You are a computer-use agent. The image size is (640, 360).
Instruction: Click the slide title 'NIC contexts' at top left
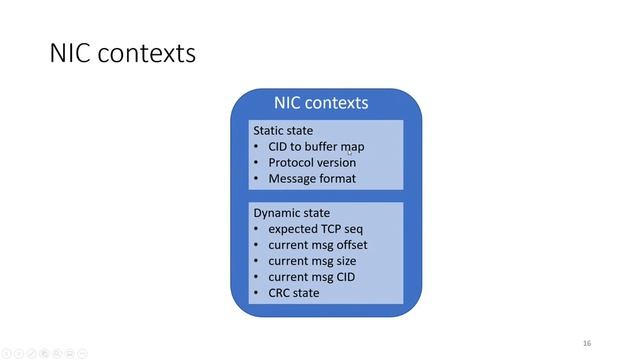point(122,53)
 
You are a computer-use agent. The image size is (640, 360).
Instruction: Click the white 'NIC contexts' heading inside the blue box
point(321,103)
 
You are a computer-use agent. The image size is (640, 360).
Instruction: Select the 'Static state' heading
point(283,130)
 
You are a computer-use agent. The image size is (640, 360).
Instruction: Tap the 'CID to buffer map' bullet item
point(316,146)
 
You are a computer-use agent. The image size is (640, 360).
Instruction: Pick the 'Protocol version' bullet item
point(311,162)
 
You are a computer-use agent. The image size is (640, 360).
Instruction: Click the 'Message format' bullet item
point(311,179)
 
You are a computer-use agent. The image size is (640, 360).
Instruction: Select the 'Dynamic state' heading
point(291,213)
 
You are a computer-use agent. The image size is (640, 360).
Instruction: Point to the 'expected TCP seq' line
point(314,229)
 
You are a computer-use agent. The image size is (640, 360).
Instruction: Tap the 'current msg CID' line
point(312,276)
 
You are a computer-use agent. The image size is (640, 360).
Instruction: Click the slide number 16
point(587,341)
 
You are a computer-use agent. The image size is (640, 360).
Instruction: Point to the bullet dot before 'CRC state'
point(256,292)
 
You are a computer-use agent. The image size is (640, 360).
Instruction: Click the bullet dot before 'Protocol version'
point(256,162)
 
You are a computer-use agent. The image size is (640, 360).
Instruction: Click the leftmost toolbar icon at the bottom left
point(6,353)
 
